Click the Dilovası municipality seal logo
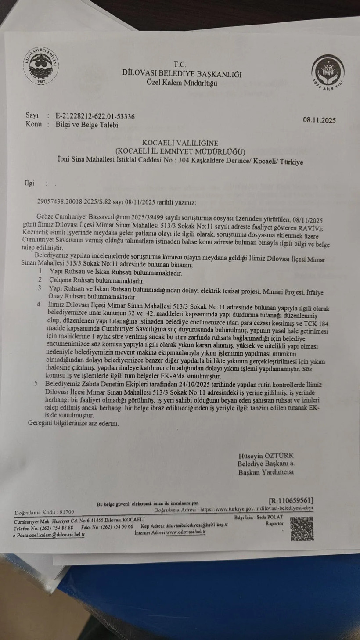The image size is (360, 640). pos(41,66)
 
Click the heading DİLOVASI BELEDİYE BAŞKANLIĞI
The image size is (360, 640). pos(182,74)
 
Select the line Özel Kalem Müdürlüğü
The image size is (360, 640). pos(182,83)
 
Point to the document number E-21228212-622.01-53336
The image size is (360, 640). pos(95,116)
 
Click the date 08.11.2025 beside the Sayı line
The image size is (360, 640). pos(319,120)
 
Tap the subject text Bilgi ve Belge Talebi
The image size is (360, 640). pos(87,125)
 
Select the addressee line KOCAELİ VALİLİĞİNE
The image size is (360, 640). pos(180,143)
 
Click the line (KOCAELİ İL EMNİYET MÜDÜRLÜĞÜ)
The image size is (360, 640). pos(180,151)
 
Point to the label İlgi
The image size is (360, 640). pos(29,183)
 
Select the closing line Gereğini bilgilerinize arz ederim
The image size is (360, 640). pos(73,424)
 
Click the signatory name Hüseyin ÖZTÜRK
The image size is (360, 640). pos(266,456)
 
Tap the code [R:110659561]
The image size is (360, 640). pos(291,500)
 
